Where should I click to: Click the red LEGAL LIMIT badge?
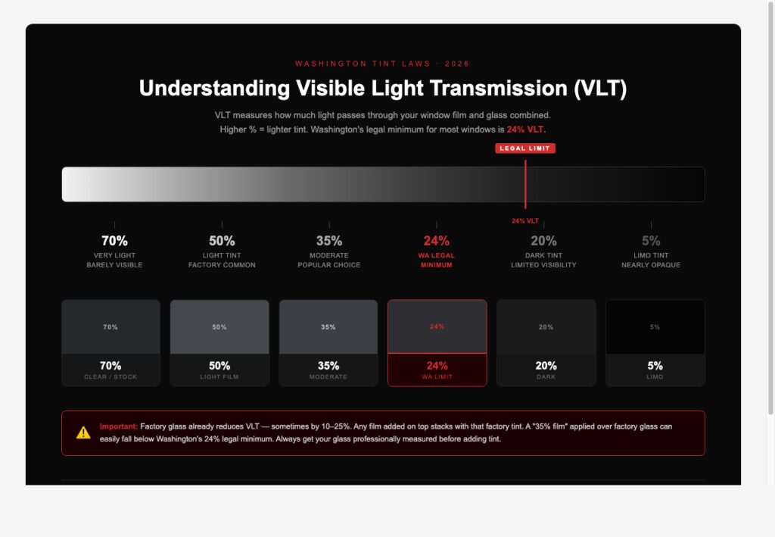[525, 148]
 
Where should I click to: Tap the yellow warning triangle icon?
[83, 432]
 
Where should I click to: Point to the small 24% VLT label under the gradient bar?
[525, 221]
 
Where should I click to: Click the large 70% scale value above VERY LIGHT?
[114, 241]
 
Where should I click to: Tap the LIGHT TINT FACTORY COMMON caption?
[222, 261]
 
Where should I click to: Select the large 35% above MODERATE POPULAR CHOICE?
[329, 241]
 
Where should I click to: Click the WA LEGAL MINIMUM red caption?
[437, 261]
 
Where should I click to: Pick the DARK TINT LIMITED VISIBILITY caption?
[543, 261]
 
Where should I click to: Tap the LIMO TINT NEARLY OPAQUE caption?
[651, 261]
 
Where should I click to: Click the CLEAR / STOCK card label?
[110, 376]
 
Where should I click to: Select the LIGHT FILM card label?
[219, 376]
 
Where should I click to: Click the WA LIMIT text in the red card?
[437, 376]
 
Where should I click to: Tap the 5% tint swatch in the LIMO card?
[655, 327]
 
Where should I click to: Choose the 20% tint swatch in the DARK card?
[546, 327]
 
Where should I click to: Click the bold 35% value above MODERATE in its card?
[328, 366]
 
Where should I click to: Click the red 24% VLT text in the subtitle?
[525, 130]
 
